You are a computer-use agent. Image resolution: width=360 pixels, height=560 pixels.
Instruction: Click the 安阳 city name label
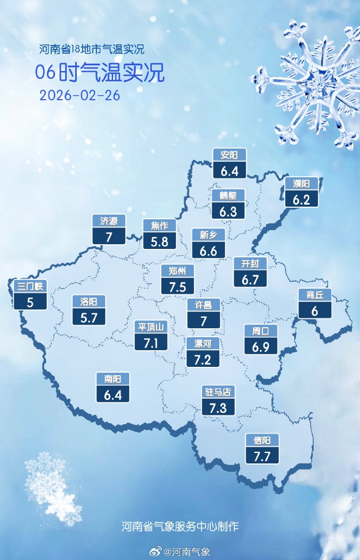[x=229, y=155]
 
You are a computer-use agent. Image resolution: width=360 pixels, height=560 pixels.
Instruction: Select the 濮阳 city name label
[x=302, y=184]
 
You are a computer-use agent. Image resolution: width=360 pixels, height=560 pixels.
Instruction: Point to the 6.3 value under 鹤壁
[x=229, y=211]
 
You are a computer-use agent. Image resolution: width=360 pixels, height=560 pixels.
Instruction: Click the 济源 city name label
[x=109, y=221]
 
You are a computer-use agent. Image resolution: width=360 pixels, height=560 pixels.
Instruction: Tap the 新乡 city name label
[x=208, y=235]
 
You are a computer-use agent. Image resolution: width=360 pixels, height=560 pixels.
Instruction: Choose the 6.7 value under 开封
[x=250, y=279]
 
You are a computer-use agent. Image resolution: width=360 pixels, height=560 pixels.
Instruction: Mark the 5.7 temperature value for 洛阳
[x=89, y=317]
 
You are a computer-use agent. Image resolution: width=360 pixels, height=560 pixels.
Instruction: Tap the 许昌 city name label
[x=203, y=305]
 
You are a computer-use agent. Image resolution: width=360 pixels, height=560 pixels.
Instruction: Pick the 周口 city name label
[x=261, y=330]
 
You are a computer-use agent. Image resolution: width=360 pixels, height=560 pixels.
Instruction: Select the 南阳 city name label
[x=112, y=379]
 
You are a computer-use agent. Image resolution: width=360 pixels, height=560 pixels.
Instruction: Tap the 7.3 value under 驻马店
[x=218, y=407]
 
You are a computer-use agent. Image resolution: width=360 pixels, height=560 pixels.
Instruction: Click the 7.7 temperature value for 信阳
[x=262, y=457]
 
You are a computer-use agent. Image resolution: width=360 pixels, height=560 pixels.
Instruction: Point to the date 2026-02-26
[x=80, y=96]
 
